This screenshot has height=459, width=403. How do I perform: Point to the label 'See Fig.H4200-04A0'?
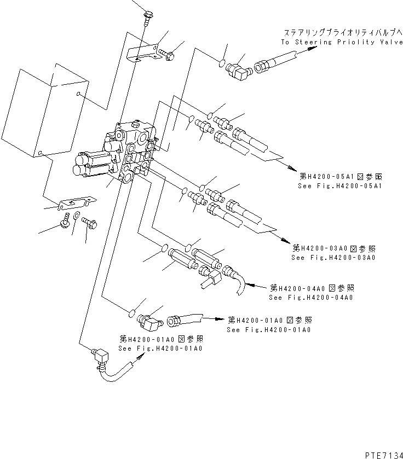click(310, 298)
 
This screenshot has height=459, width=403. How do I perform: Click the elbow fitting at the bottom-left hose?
click(100, 359)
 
